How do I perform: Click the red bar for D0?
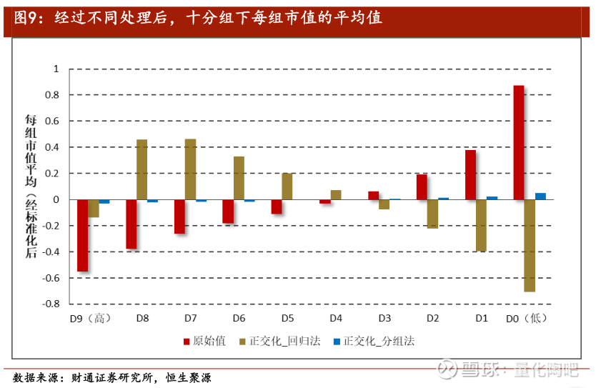(519, 143)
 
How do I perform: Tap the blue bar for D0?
(540, 196)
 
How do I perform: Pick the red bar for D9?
(83, 236)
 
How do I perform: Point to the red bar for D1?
(470, 175)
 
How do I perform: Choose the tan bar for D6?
(239, 178)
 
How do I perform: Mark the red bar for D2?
(422, 187)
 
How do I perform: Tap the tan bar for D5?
(287, 186)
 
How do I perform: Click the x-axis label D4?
(335, 318)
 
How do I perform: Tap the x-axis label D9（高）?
(89, 318)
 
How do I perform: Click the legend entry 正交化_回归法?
(283, 341)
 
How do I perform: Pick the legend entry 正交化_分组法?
(379, 341)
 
